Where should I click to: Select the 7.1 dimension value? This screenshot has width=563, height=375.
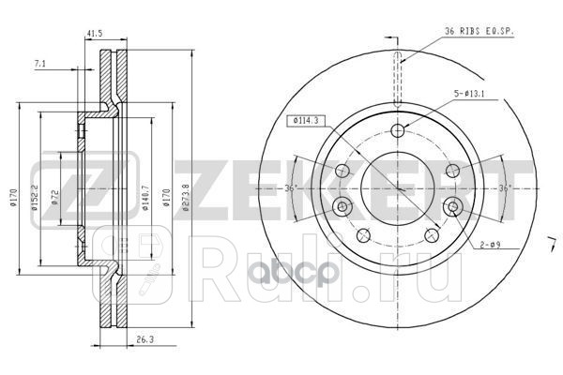pos(38,65)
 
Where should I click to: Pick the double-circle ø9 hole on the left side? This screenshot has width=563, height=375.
pos(342,206)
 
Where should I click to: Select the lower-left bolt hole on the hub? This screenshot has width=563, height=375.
pos(363,235)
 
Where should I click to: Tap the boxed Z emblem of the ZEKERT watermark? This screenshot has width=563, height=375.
pos(53,187)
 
